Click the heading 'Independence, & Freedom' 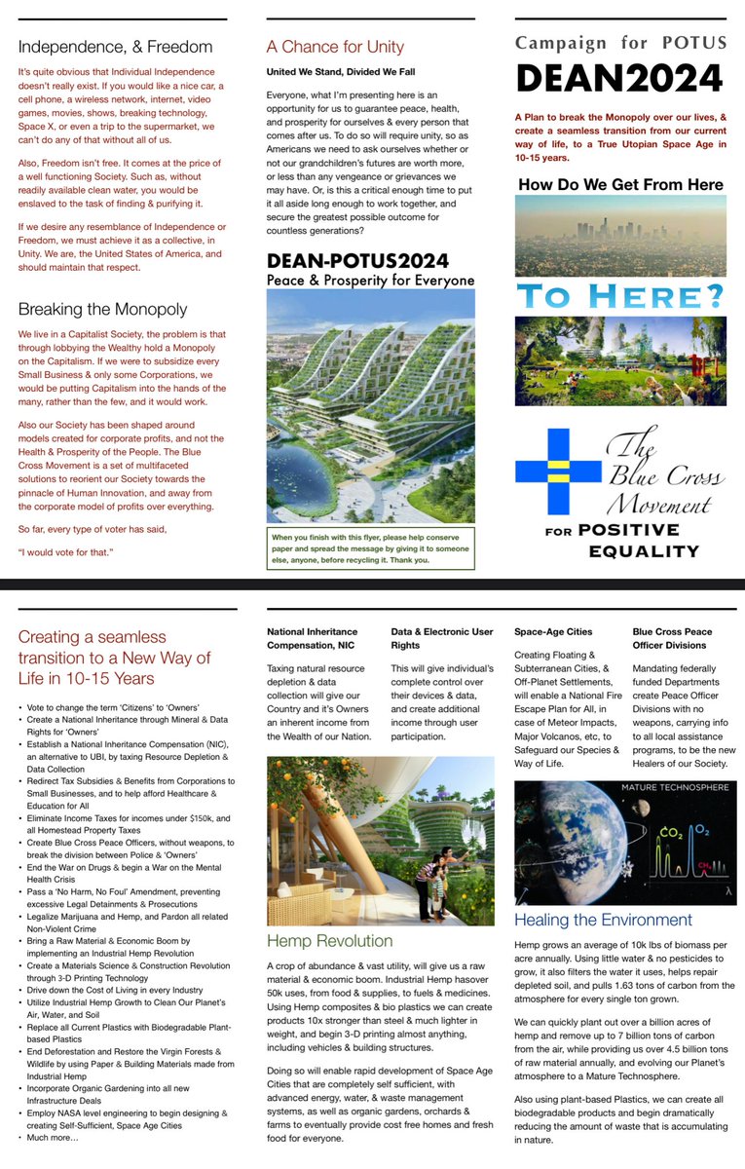tap(114, 46)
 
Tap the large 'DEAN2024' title tap(619, 78)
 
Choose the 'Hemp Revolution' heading tap(330, 940)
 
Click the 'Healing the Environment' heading tap(603, 920)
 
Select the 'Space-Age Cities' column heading tap(552, 631)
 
